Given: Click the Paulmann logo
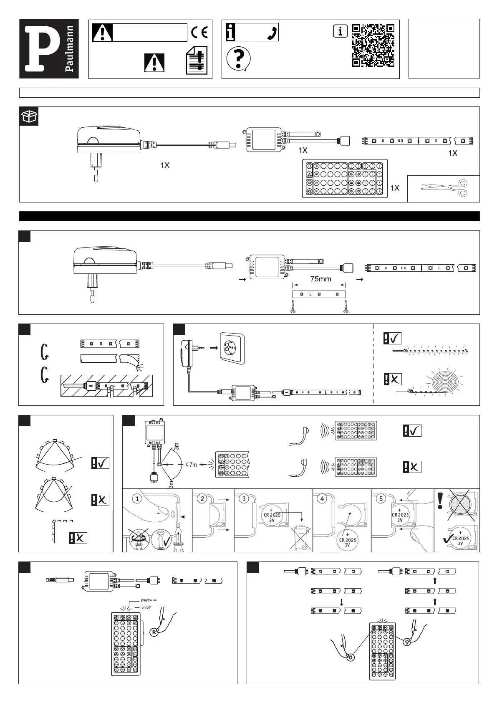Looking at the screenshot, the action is (49, 49).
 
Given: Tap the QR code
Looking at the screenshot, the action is (373, 46).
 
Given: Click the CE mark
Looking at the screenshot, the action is (199, 33).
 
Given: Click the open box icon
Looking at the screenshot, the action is (29, 116).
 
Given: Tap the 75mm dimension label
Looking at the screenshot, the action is (320, 279).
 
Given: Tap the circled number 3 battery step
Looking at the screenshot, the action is (245, 498).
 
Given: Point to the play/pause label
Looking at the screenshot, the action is (149, 600).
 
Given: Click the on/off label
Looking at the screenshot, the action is (146, 607).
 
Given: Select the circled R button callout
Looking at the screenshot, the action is (154, 632).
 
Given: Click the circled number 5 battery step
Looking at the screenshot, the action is (381, 498).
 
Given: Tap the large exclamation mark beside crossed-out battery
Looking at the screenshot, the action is (440, 500).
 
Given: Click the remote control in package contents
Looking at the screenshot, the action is (344, 178).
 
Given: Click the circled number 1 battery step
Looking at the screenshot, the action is (138, 498).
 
